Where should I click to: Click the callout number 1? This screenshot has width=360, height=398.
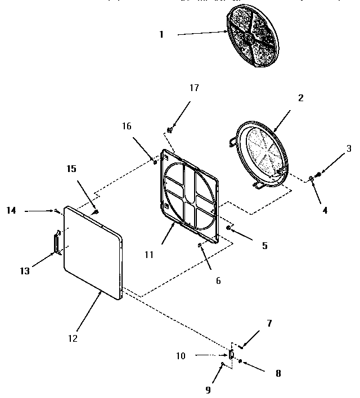[161, 34]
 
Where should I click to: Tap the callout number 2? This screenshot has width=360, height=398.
[300, 98]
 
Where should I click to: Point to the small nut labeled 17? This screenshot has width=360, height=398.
[170, 130]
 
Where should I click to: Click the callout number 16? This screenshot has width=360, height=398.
[127, 126]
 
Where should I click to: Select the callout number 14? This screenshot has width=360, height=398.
[11, 210]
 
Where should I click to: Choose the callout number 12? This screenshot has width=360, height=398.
[73, 338]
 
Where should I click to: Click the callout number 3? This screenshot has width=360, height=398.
[349, 149]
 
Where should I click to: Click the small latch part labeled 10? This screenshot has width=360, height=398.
[231, 354]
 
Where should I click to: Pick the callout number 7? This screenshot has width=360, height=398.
[269, 324]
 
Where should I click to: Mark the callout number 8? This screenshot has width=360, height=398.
[278, 373]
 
